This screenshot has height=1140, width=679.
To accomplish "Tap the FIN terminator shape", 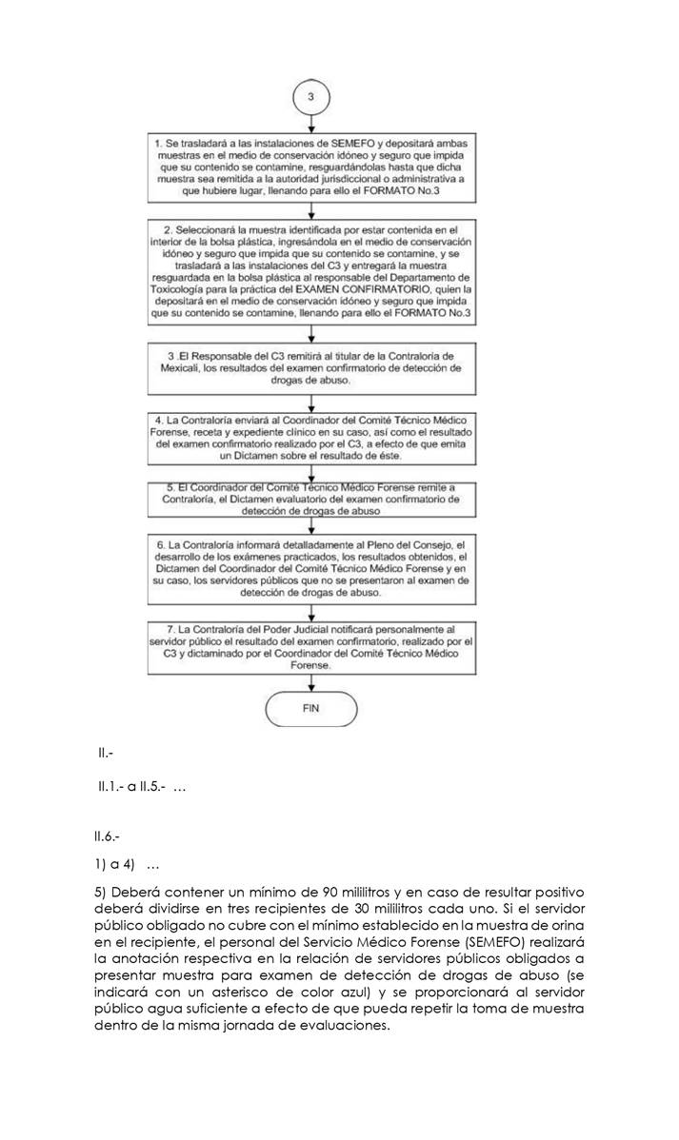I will (x=310, y=709).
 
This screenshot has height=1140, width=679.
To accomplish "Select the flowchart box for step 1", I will (x=310, y=167).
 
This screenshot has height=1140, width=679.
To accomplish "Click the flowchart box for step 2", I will (x=310, y=276).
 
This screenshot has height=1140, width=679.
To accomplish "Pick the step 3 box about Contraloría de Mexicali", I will (x=310, y=367).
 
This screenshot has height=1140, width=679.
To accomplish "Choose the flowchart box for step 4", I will (x=310, y=439).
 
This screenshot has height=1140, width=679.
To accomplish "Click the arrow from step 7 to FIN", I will (x=310, y=681).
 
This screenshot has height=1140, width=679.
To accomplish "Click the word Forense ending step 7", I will (x=310, y=667).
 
